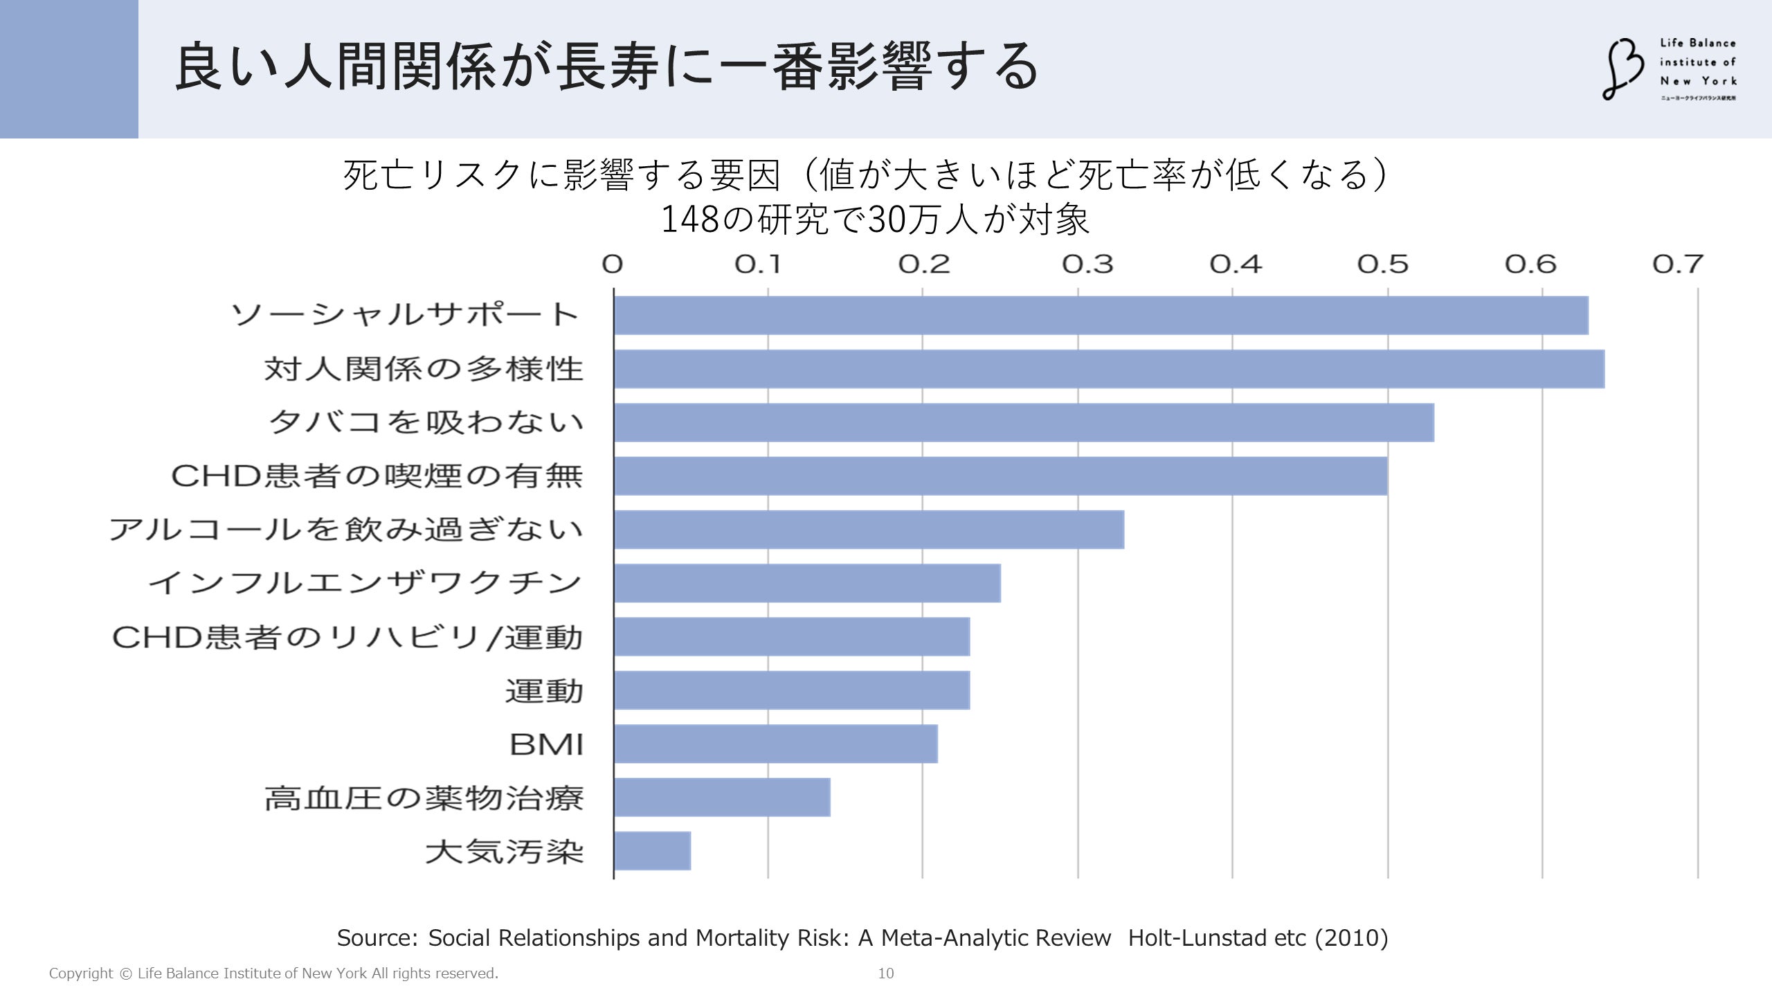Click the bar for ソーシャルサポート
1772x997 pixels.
point(1101,316)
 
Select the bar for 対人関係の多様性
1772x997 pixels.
point(1108,369)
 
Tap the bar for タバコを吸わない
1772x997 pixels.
point(1023,422)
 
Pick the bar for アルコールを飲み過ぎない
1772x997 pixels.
point(869,530)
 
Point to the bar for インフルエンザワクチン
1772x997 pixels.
point(807,583)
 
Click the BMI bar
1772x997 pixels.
point(775,744)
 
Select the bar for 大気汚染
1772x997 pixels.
point(652,851)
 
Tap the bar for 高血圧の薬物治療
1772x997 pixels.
point(722,798)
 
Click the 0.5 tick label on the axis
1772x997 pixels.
point(1382,264)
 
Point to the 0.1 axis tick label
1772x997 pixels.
point(758,264)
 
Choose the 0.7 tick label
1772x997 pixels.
point(1677,264)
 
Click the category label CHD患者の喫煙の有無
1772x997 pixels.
point(377,476)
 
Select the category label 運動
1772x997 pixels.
point(544,691)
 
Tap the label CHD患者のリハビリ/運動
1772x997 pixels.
point(347,638)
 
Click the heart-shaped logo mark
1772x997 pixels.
point(1622,69)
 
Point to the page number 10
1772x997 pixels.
point(886,973)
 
